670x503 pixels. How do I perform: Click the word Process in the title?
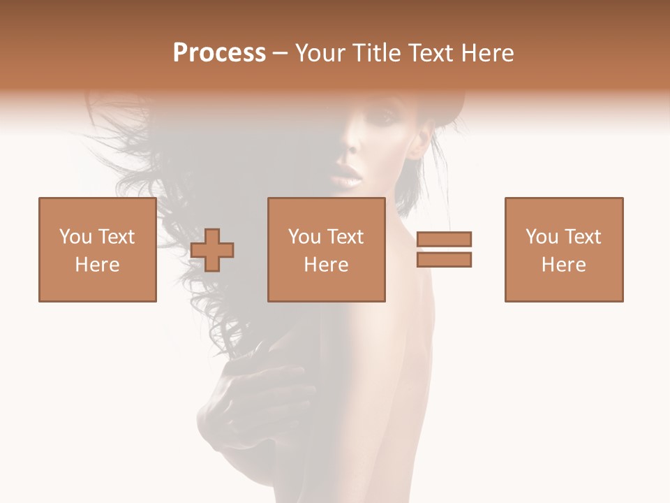click(219, 53)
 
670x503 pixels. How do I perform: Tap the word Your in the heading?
click(320, 53)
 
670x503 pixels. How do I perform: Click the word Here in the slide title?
click(489, 53)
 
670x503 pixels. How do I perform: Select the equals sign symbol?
click(444, 249)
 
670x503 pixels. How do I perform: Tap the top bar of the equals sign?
click(444, 240)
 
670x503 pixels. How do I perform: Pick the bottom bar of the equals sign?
click(444, 259)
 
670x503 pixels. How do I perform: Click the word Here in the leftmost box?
click(98, 265)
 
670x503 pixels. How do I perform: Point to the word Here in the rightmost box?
click(564, 265)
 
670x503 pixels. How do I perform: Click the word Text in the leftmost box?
click(116, 237)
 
